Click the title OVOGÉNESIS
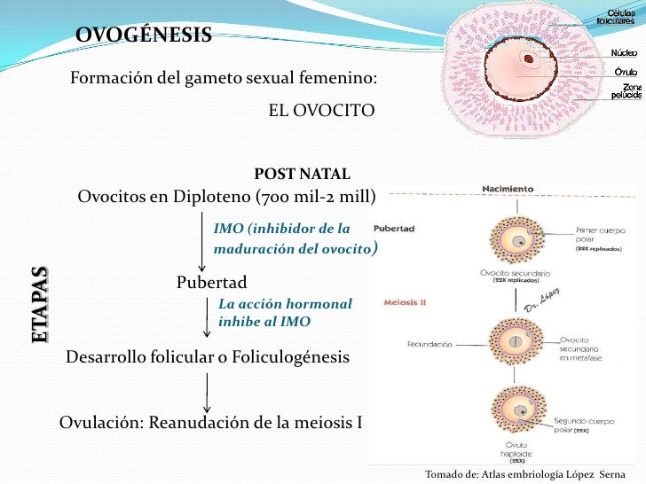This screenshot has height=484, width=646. tap(144, 35)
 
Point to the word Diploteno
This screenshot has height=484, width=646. tap(209, 196)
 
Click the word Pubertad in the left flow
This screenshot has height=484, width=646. tap(211, 282)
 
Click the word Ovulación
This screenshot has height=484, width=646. tap(97, 422)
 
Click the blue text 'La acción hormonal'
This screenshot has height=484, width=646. tap(285, 303)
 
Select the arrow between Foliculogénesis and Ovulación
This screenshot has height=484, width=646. tap(207, 390)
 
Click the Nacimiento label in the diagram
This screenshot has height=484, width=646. tap(508, 188)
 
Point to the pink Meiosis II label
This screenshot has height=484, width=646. tap(405, 301)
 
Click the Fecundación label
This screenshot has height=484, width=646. tap(429, 343)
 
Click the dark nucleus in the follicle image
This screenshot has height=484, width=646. tap(530, 61)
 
